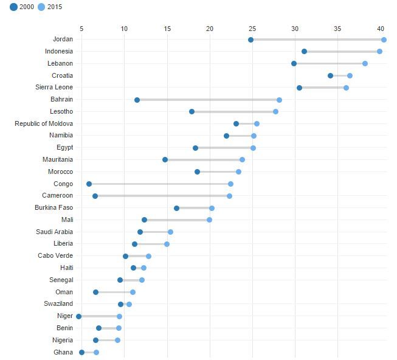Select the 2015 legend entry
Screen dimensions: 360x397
50,7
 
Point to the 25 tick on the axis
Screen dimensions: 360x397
252,28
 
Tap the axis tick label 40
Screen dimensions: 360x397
381,28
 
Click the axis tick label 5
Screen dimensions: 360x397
81,28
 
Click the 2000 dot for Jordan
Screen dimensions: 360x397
250,40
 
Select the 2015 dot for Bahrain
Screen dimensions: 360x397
279,100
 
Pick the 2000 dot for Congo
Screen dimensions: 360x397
89,184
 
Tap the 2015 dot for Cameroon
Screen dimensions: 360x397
229,196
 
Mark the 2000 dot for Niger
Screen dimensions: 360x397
78,316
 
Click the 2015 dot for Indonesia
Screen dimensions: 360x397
379,52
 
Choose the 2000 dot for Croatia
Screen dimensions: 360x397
330,75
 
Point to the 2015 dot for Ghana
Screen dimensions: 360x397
96,352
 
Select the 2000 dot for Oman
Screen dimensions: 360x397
95,292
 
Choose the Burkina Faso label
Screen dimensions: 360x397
54,208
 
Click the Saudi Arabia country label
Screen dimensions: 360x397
54,232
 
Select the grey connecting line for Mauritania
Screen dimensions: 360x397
204,160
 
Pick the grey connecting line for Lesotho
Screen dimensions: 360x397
233,112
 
